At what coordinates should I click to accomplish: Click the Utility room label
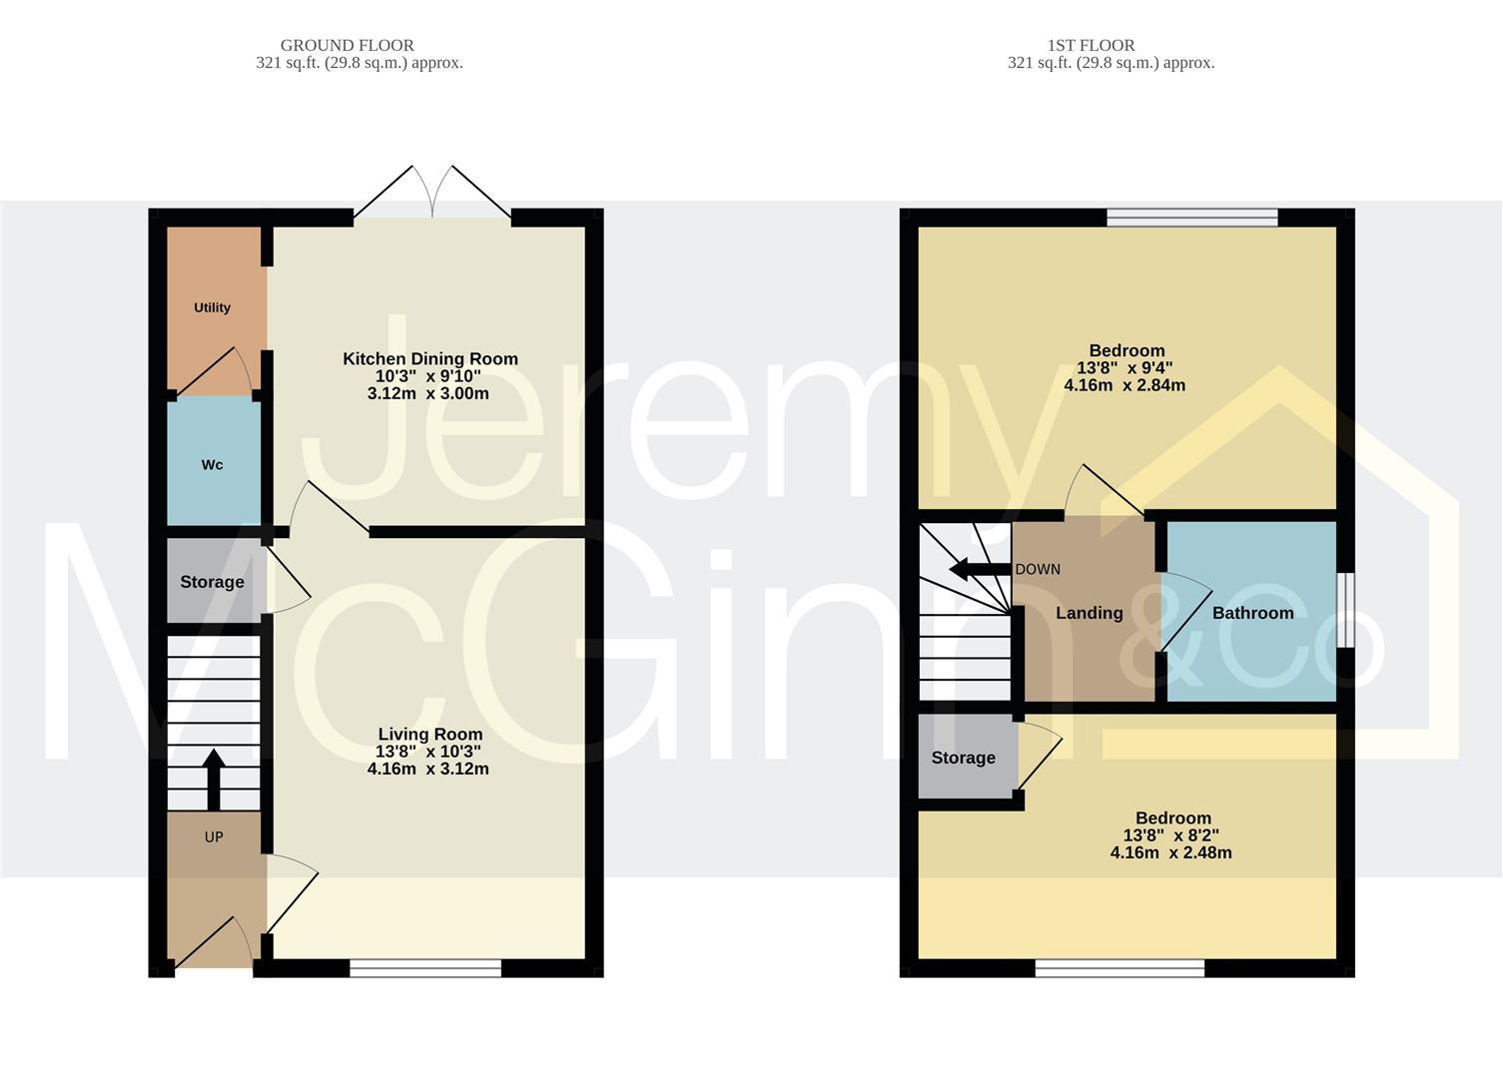(212, 307)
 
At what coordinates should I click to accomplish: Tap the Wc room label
(212, 465)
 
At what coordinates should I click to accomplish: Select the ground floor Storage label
(212, 582)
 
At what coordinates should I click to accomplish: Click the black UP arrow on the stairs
(214, 780)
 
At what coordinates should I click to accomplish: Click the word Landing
(1089, 613)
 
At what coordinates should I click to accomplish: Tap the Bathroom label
(1252, 613)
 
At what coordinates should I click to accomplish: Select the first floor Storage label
(963, 758)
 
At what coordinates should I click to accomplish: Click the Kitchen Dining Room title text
(430, 358)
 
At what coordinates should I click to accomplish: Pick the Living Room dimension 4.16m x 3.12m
(427, 770)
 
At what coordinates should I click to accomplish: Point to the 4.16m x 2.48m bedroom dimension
(1170, 853)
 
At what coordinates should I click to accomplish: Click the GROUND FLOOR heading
(347, 45)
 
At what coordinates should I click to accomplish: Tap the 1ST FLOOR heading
(1091, 45)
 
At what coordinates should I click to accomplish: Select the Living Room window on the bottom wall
(425, 966)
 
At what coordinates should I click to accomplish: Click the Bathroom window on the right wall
(1345, 610)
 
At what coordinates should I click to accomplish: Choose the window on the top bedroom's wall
(1192, 217)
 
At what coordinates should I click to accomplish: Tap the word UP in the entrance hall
(214, 837)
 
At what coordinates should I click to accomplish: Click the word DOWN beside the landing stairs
(1038, 570)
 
